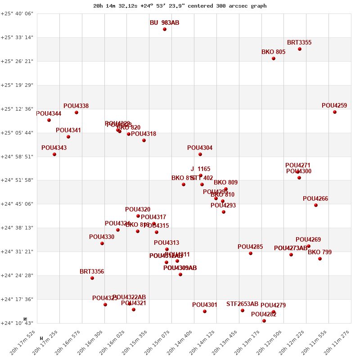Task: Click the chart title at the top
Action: click(x=180, y=6)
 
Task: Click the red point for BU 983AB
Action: click(x=165, y=29)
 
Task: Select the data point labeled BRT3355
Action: click(x=300, y=49)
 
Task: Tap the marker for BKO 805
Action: click(x=274, y=58)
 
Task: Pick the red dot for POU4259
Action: click(x=335, y=112)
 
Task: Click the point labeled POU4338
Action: click(x=76, y=112)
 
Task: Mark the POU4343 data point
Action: click(x=54, y=154)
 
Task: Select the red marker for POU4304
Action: click(x=200, y=154)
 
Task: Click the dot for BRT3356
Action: click(x=92, y=278)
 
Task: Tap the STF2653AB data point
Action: click(x=243, y=310)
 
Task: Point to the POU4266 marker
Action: click(x=316, y=205)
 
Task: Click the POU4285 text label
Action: click(x=250, y=247)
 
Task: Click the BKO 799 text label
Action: click(x=319, y=252)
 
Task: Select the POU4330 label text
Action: click(x=102, y=237)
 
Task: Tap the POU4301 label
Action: click(x=205, y=305)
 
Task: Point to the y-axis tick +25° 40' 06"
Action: click(x=17, y=13)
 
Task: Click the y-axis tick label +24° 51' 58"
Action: click(x=17, y=180)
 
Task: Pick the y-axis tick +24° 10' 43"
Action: click(x=17, y=323)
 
